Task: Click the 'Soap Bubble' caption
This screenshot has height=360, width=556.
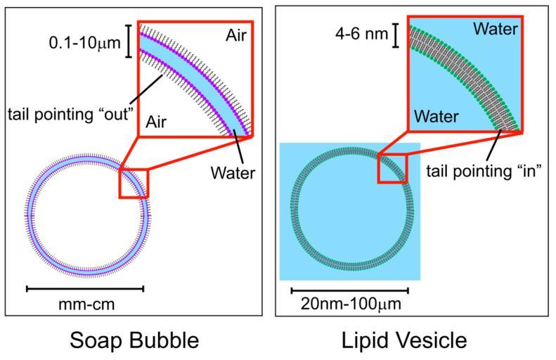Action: (x=134, y=341)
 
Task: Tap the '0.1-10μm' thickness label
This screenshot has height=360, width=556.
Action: (x=83, y=42)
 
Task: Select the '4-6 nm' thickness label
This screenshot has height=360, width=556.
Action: (x=359, y=33)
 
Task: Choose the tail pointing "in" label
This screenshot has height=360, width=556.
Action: (x=484, y=171)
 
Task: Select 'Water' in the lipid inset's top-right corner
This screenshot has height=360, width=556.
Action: (x=495, y=29)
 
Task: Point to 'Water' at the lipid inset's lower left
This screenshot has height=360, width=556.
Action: (x=435, y=115)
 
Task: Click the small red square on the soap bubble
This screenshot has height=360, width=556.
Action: (x=134, y=183)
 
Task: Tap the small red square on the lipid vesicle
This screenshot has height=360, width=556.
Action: (x=393, y=168)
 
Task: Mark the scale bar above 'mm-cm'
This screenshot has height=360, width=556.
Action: (x=84, y=288)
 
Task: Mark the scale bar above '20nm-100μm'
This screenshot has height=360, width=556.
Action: (x=349, y=289)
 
